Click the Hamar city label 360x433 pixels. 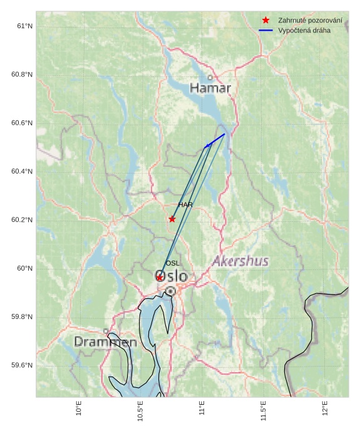tap(210, 88)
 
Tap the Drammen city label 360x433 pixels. tap(105, 342)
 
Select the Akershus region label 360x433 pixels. tap(240, 261)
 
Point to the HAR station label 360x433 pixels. tap(185, 205)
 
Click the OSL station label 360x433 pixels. tap(172, 263)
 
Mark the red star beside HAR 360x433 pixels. tap(172, 219)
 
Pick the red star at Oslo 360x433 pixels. tap(160, 278)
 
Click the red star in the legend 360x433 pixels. tap(266, 21)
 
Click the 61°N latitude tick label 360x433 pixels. tap(24, 26)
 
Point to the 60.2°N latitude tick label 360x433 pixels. tap(21, 220)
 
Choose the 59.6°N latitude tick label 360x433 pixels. tap(21, 365)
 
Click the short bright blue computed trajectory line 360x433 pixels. tap(215, 140)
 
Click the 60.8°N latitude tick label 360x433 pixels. tap(21, 75)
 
